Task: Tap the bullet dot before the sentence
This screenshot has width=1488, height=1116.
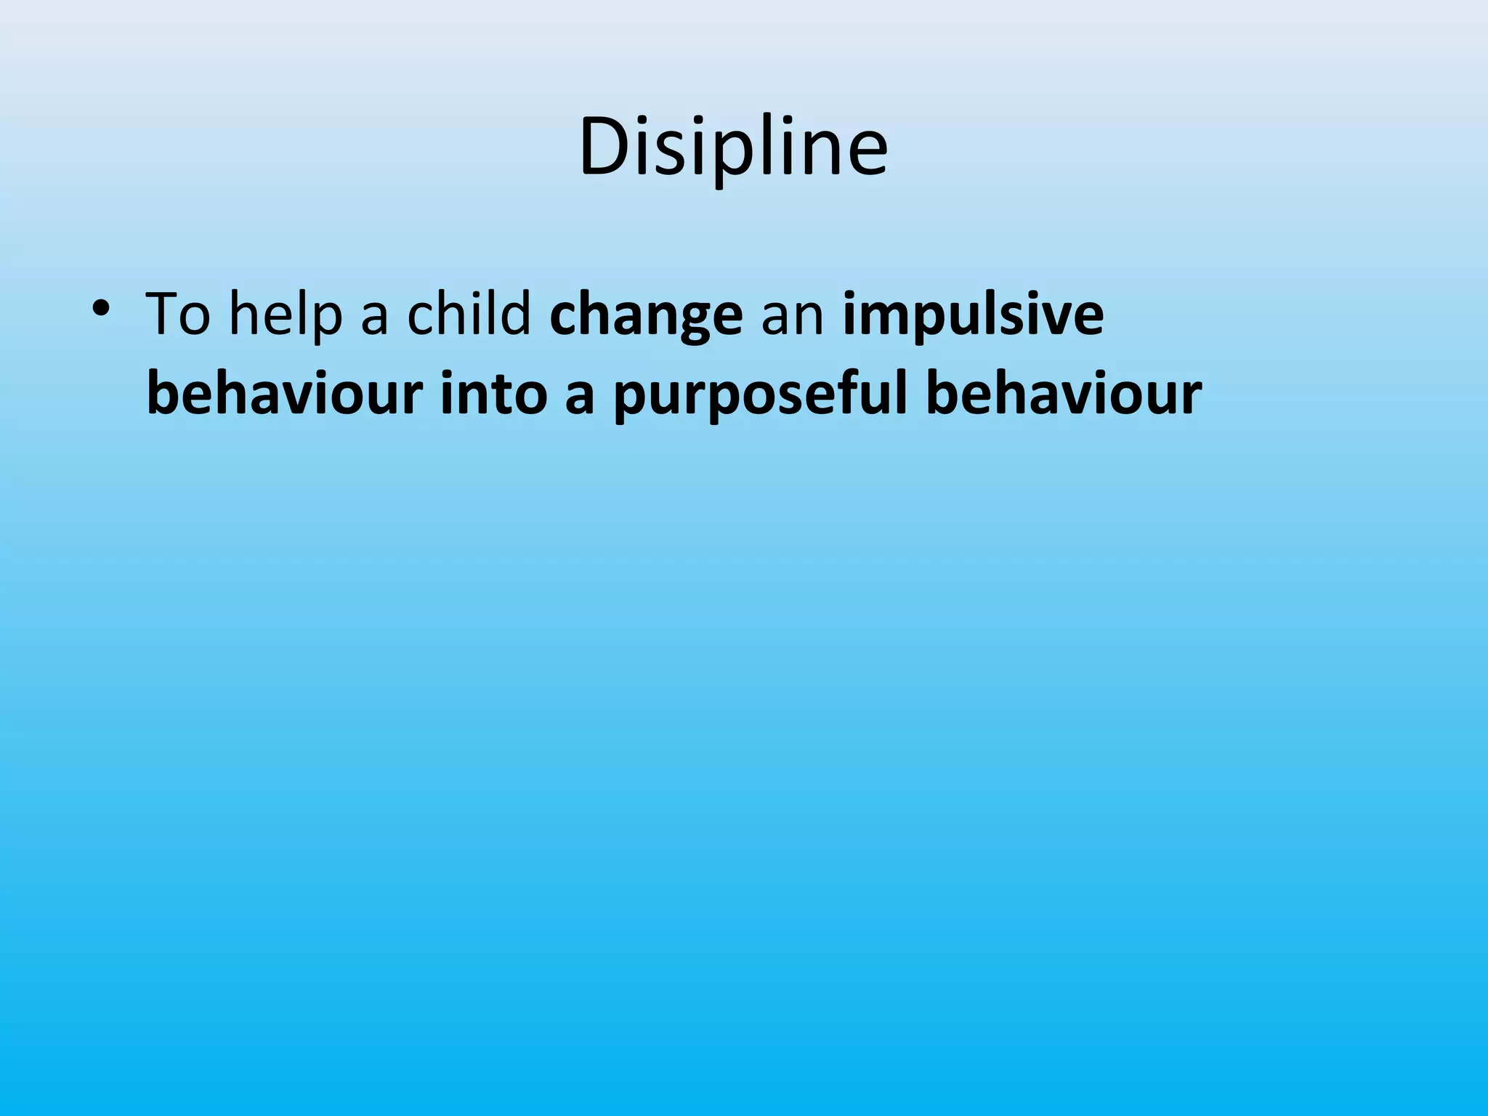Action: click(101, 309)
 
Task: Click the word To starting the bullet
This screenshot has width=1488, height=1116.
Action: click(177, 314)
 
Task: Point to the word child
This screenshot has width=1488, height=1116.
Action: click(469, 314)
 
